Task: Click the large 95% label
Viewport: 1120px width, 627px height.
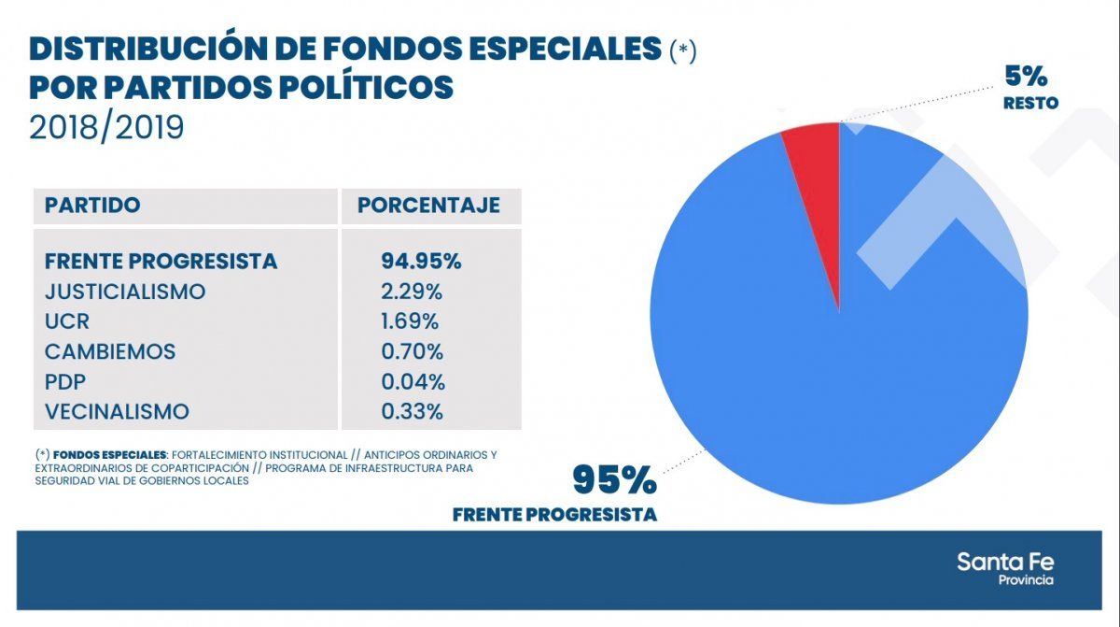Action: coord(614,479)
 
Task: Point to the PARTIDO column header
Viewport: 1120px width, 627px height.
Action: coord(92,206)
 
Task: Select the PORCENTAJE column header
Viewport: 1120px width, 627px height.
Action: coord(428,206)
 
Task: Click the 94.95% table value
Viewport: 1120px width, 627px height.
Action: coord(421,261)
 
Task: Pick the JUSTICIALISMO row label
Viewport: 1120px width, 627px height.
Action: coord(125,292)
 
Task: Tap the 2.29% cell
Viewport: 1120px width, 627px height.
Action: coord(412,292)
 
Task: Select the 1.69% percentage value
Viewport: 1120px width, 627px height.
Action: coord(410,321)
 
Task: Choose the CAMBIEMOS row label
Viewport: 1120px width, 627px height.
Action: coord(109,351)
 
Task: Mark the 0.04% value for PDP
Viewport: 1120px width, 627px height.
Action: coord(413,381)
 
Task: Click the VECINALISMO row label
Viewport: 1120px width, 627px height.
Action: coord(117,411)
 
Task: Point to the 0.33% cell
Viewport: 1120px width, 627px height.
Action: coord(412,411)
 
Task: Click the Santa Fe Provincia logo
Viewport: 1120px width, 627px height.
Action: coord(1004,567)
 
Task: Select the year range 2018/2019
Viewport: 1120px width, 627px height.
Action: coord(106,127)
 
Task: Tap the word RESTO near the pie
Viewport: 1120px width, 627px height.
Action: coord(1030,104)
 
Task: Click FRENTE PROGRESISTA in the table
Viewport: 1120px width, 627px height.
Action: coord(161,261)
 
